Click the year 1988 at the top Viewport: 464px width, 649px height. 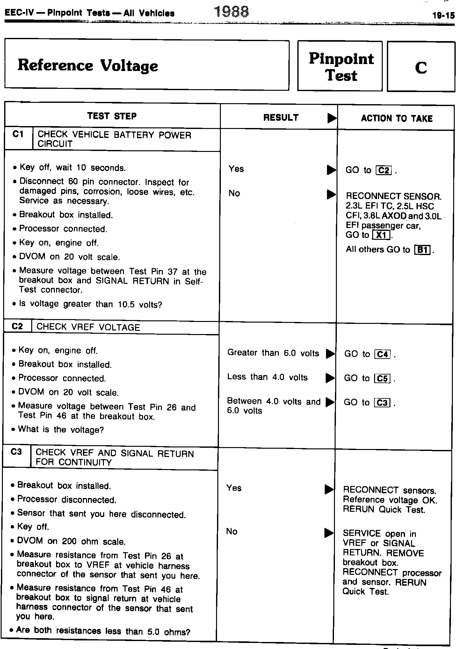pyautogui.click(x=232, y=12)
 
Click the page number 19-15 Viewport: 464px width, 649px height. pyautogui.click(x=443, y=16)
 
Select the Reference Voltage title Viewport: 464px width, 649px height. pyautogui.click(x=88, y=65)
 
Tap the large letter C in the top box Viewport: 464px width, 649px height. pyautogui.click(x=421, y=68)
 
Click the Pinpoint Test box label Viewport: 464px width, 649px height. pyautogui.click(x=341, y=67)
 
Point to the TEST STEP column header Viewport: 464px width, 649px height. pyautogui.click(x=112, y=116)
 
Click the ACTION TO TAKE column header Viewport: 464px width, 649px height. pyautogui.click(x=396, y=118)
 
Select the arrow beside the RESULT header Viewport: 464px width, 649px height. pyautogui.click(x=332, y=118)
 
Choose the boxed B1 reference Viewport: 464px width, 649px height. pyautogui.click(x=422, y=250)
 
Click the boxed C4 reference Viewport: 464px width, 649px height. pyautogui.click(x=382, y=354)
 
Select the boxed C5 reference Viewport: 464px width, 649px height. pyautogui.click(x=382, y=378)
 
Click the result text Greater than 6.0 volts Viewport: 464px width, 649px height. pyautogui.click(x=273, y=353)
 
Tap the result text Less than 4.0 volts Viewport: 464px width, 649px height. pyautogui.click(x=267, y=377)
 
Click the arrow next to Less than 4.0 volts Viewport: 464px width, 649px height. pyautogui.click(x=330, y=378)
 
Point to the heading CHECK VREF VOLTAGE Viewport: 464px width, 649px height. pyautogui.click(x=88, y=327)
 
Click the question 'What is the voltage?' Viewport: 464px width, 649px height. pyautogui.click(x=61, y=430)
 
